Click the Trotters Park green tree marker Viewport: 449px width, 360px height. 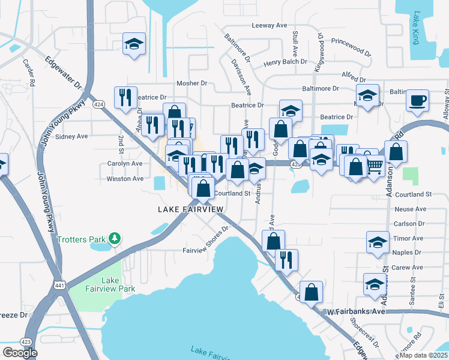[x=114, y=239]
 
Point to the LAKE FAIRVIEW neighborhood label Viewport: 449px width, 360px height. [x=190, y=209]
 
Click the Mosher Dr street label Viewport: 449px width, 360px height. [x=191, y=83]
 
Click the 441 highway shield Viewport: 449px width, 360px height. [x=58, y=283]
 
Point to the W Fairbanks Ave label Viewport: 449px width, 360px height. [x=355, y=312]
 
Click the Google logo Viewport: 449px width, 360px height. [x=20, y=353]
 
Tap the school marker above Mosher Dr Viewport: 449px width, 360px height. [x=134, y=43]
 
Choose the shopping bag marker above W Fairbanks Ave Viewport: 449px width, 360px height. [x=311, y=292]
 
